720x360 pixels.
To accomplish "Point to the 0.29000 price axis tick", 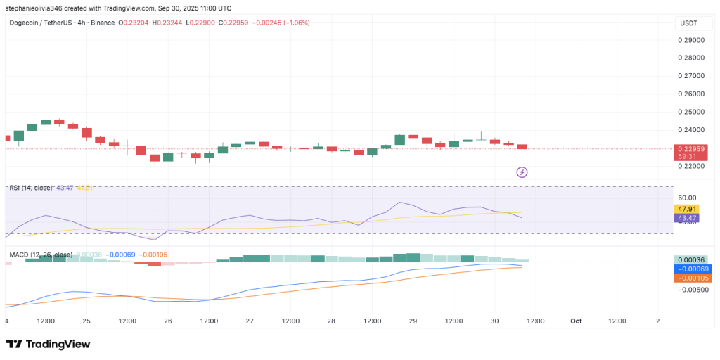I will (692, 40).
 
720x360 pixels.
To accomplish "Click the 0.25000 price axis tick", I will (692, 112).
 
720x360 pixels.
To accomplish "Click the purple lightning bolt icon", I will (522, 172).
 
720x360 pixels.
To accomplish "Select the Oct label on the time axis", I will (577, 321).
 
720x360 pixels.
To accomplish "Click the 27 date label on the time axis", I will (250, 321).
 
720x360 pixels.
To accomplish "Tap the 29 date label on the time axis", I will (413, 321).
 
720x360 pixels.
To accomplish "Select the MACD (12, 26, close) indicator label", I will (40, 254).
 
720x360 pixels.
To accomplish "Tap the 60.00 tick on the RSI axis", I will (686, 198).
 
